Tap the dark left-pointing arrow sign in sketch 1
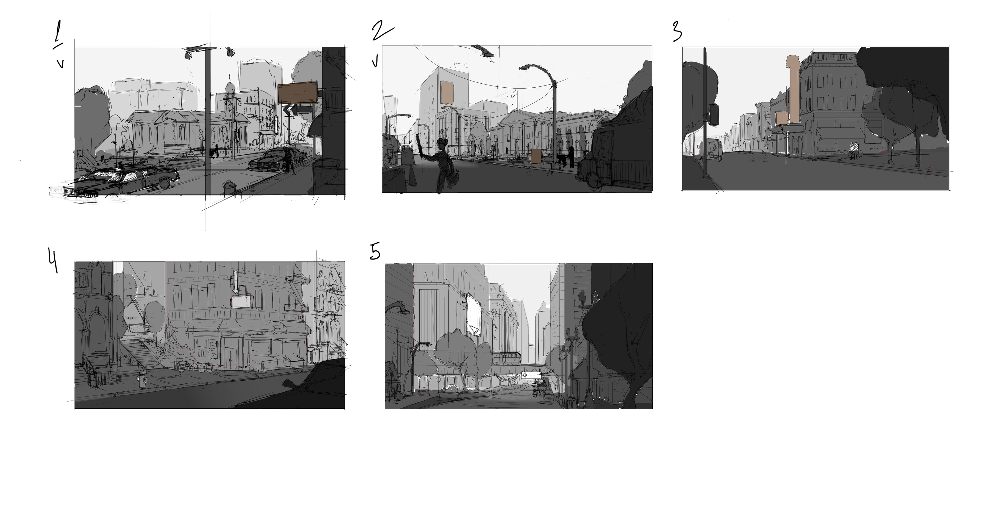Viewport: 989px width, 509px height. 301,110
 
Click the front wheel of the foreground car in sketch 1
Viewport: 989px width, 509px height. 164,183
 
